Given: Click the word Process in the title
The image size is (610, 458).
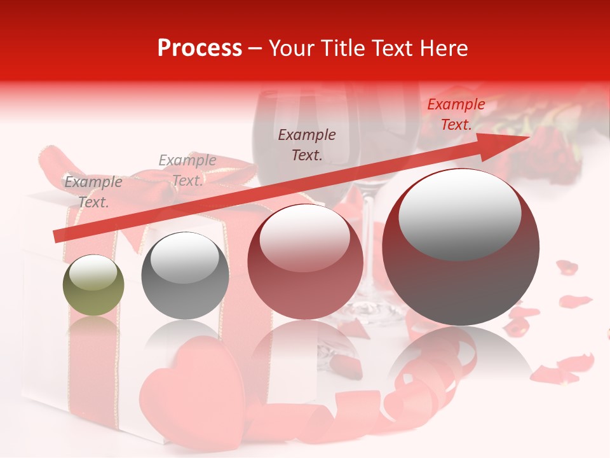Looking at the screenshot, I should [200, 48].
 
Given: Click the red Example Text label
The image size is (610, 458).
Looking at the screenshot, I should [456, 114].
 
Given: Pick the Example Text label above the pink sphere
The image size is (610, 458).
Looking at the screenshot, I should [307, 144].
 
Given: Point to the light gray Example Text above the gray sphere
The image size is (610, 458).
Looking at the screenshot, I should [187, 170].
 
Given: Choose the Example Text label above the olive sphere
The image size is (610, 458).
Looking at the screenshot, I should [93, 192].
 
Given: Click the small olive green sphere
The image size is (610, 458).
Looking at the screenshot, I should [93, 286].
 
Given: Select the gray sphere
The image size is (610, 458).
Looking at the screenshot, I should [185, 276].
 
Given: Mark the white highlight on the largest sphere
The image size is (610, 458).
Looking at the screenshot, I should [459, 214].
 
